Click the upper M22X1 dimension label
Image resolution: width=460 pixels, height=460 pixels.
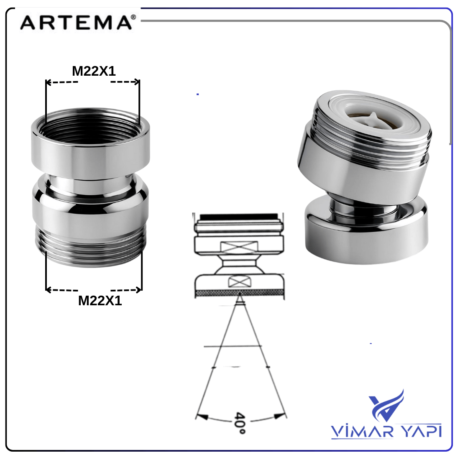tap(94, 71)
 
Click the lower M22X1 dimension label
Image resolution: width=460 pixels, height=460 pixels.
tap(100, 301)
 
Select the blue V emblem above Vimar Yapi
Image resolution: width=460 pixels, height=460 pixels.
tap(386, 405)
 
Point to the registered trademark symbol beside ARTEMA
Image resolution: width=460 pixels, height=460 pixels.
tap(133, 17)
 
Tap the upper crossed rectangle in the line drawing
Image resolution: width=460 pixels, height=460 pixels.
tap(239, 247)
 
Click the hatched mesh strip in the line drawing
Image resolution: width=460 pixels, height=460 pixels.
tap(239, 294)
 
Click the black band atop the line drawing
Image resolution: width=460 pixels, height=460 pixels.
tap(238, 217)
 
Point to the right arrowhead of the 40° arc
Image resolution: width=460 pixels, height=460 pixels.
tap(280, 415)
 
